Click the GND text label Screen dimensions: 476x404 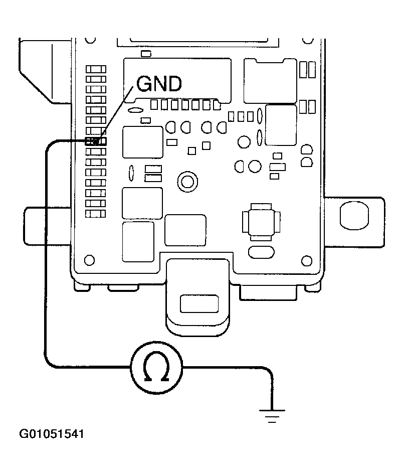click(x=159, y=85)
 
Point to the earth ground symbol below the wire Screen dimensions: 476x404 click(x=272, y=415)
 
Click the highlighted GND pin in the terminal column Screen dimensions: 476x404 click(x=96, y=141)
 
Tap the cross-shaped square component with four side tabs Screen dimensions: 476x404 click(x=259, y=220)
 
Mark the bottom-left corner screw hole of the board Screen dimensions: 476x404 click(x=90, y=260)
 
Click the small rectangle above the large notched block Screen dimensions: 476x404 click(x=146, y=53)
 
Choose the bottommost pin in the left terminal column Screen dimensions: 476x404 click(x=96, y=214)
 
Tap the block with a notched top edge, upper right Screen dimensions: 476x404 click(x=269, y=80)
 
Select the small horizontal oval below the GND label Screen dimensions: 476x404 click(x=135, y=109)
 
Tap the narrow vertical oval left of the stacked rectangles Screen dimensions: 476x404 click(x=131, y=173)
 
